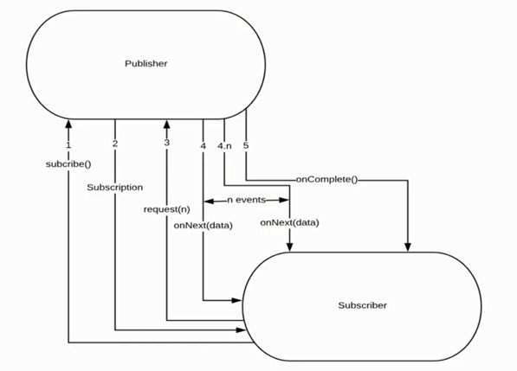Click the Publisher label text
pos(145,63)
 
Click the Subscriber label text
pos(362,305)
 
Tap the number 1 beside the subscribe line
pos(68,145)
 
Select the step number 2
pos(115,145)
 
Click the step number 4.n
pos(224,145)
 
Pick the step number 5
pos(246,145)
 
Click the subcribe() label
pos(68,163)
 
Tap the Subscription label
pos(114,186)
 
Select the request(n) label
pos(166,209)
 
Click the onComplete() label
pos(326,180)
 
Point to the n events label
pos(246,200)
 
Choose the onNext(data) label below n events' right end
pos(290,222)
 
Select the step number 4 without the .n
pos(203,145)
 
